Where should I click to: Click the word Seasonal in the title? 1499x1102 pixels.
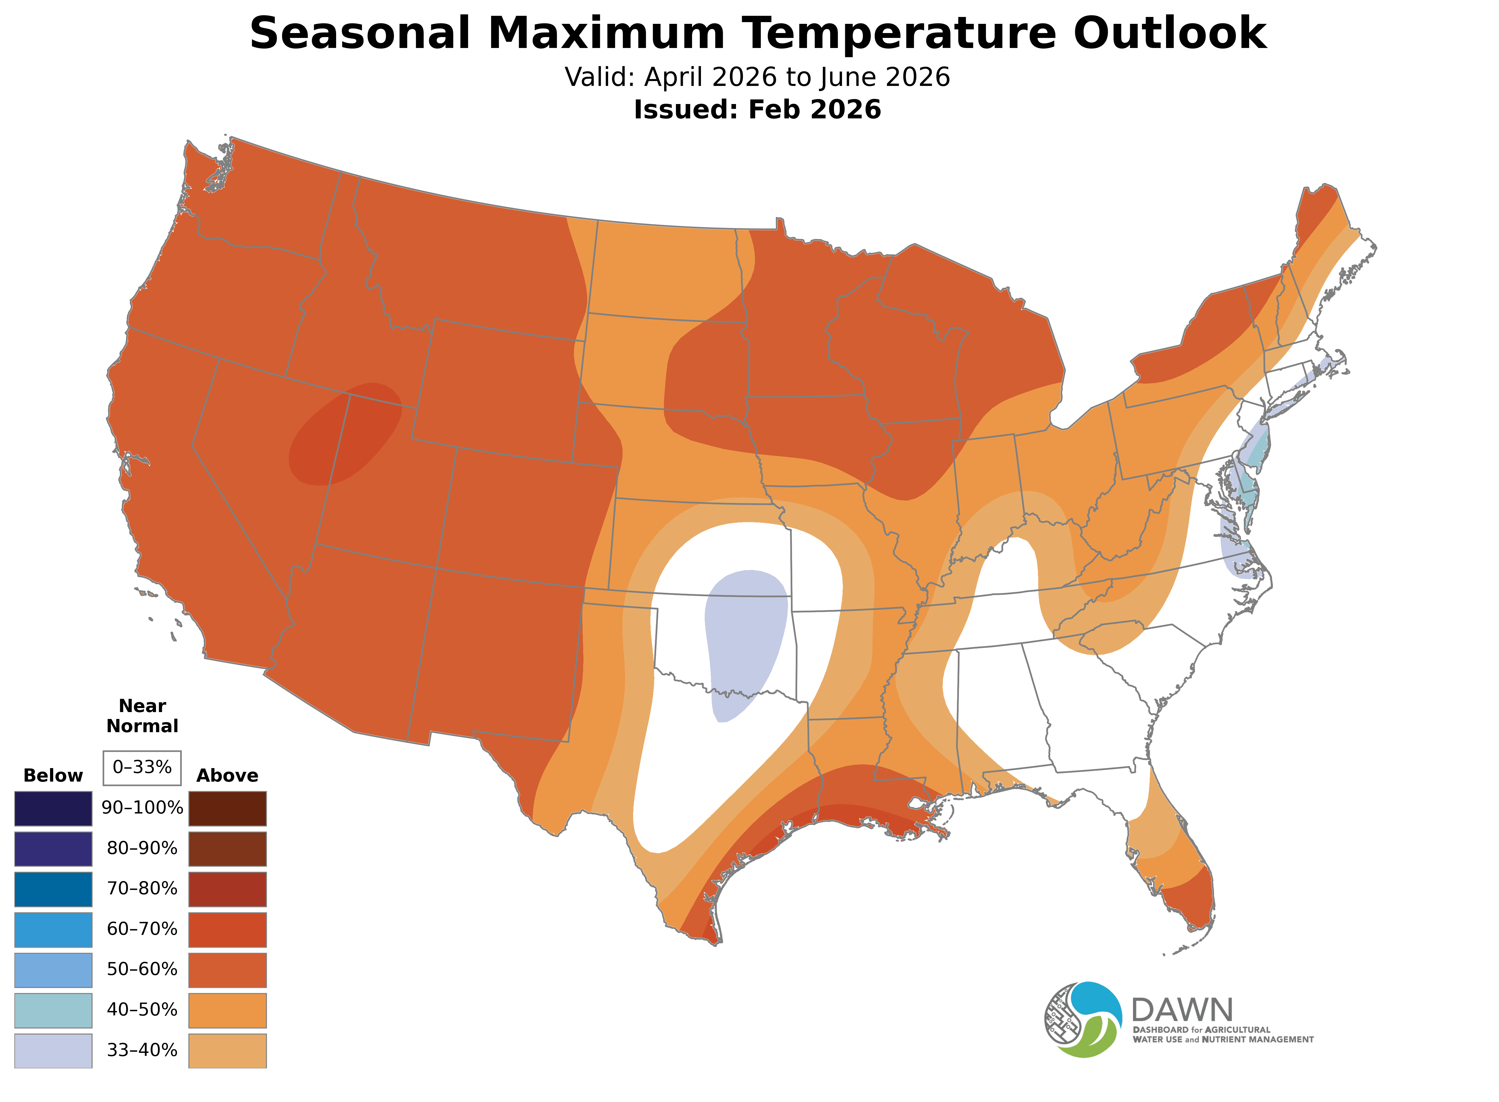[360, 33]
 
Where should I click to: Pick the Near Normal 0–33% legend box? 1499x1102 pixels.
[142, 767]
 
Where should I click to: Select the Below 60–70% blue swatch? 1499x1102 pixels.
[53, 929]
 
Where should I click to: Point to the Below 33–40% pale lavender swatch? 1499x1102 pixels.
[53, 1051]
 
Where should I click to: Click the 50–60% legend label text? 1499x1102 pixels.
[142, 969]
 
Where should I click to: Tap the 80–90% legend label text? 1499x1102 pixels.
[142, 849]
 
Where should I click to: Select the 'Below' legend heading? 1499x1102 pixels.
[53, 776]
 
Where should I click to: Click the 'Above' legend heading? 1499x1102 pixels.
[228, 776]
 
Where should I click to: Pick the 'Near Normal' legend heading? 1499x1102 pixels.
[142, 716]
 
